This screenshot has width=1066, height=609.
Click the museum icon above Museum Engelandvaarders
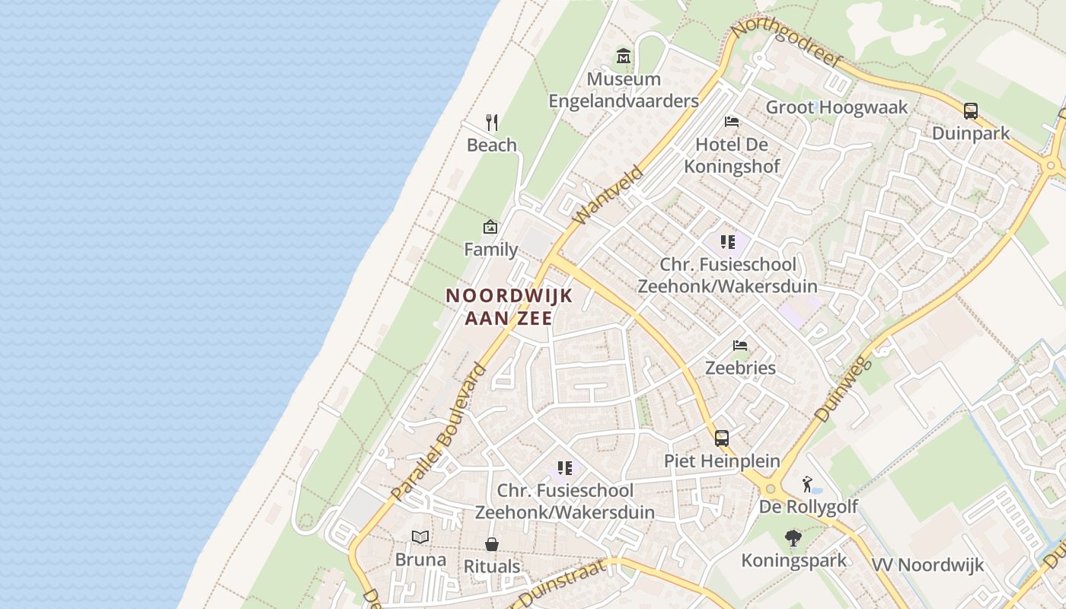(624, 56)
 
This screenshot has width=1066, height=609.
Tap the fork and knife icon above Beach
(492, 122)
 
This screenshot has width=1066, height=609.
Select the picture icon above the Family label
(490, 227)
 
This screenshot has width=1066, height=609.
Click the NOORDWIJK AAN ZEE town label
(509, 307)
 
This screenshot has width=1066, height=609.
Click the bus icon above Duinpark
(971, 111)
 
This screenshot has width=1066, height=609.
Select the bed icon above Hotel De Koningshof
(732, 122)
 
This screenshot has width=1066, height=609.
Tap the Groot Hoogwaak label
(837, 107)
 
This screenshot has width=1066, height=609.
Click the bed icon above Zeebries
(739, 346)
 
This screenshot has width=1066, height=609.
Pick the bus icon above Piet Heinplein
(721, 438)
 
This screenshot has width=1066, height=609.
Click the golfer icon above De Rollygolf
(807, 484)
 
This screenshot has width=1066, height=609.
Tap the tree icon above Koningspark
(793, 538)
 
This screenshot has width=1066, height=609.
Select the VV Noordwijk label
(927, 565)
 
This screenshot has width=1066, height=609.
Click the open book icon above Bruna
(420, 537)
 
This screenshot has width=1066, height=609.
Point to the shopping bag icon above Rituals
(492, 544)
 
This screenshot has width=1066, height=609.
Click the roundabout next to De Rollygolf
(770, 489)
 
